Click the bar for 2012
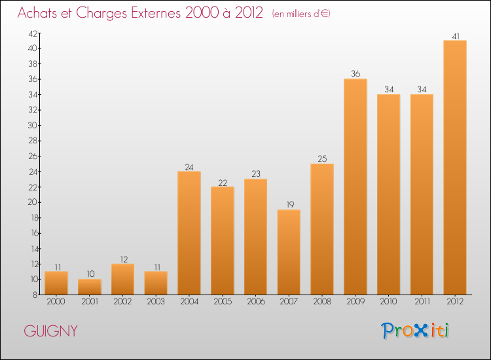click(455, 168)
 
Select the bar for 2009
click(355, 187)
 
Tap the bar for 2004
click(189, 233)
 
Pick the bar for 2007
click(289, 252)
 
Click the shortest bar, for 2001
click(90, 287)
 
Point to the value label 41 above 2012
click(455, 36)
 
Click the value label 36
click(355, 74)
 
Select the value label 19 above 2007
click(289, 205)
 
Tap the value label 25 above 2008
click(322, 159)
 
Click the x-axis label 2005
click(223, 302)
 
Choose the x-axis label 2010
click(389, 302)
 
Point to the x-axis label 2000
click(56, 302)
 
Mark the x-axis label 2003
click(156, 302)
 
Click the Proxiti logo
click(415, 331)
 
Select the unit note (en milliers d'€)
click(301, 14)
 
